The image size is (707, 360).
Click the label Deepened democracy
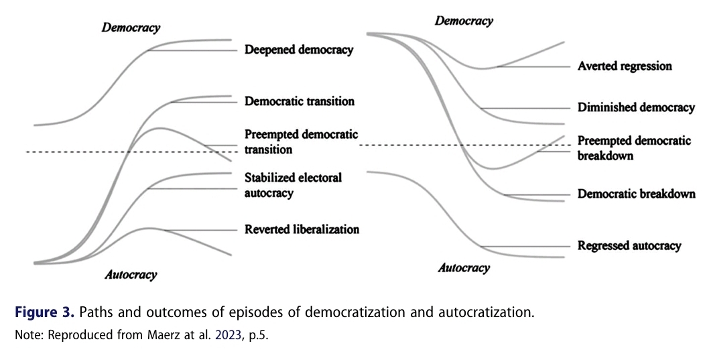(298, 50)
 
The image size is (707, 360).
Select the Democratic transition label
(299, 102)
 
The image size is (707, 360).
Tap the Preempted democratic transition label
(301, 142)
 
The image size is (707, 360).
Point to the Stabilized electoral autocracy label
(293, 185)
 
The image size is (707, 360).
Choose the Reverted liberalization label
(302, 229)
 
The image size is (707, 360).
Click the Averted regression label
(624, 66)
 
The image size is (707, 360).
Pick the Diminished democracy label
(636, 108)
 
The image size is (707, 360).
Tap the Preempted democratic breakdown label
(634, 148)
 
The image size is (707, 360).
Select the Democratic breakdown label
(636, 194)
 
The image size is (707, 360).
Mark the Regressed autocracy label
(629, 246)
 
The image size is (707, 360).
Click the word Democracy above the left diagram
(131, 28)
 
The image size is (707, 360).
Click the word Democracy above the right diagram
(464, 21)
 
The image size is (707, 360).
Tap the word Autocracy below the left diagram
(131, 275)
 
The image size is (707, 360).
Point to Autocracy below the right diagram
(464, 268)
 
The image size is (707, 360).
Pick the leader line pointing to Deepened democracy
(194, 51)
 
